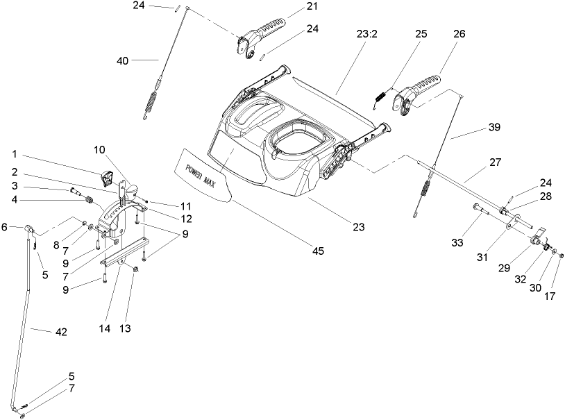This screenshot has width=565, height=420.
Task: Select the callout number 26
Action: pyautogui.click(x=439, y=33)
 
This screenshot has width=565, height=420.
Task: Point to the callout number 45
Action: pyautogui.click(x=318, y=251)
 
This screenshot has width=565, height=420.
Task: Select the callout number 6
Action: pyautogui.click(x=4, y=226)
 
